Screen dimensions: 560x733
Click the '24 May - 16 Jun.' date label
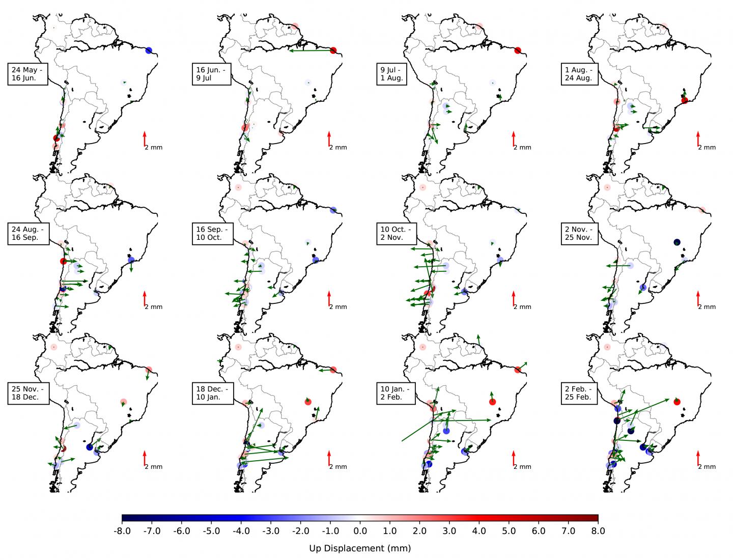[x=28, y=74]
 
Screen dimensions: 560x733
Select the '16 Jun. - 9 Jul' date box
[x=213, y=74]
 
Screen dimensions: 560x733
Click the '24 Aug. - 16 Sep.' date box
[x=28, y=233]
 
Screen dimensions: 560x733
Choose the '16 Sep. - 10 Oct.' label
[x=213, y=233]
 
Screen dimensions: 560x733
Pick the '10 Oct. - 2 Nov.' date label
[x=397, y=233]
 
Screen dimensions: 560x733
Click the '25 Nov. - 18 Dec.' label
[x=29, y=393]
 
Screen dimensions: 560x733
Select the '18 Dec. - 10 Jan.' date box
[x=213, y=393]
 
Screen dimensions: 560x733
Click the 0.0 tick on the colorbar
[x=360, y=531]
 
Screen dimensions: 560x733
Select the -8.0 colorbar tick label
[x=122, y=531]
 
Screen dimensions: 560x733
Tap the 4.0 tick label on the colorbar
[x=479, y=531]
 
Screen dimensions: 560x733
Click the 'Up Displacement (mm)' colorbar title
[x=360, y=548]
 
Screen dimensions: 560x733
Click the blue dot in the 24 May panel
[x=149, y=50]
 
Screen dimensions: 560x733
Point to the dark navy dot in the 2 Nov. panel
[x=676, y=242]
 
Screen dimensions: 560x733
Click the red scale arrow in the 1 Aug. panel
[x=698, y=138]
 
